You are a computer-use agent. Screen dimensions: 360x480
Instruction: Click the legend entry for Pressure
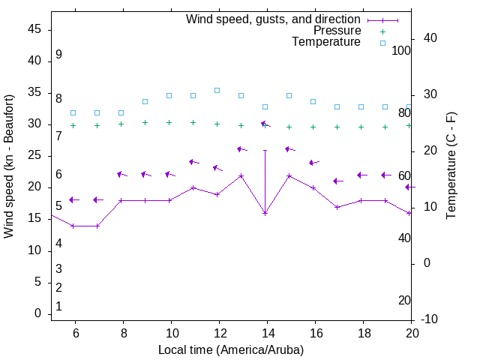[337, 31]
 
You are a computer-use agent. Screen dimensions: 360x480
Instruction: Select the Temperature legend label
[326, 42]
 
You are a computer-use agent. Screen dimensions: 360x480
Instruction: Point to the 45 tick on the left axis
[34, 29]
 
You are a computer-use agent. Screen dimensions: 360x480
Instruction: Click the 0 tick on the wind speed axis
[38, 313]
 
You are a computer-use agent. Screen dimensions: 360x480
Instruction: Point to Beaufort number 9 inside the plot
[58, 55]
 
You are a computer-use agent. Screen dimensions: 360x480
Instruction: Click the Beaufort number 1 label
[58, 306]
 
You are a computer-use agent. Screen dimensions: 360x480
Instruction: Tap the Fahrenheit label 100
[402, 50]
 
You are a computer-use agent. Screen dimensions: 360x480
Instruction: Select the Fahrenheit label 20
[404, 300]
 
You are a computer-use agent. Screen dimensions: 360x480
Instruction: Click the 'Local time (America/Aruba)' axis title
[231, 349]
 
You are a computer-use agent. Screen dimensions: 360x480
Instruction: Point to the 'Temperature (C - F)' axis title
[451, 166]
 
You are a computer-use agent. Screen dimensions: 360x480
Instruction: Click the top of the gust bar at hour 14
[265, 150]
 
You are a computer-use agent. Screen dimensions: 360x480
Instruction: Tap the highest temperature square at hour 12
[217, 90]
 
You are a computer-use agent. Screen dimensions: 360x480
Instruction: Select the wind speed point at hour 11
[193, 187]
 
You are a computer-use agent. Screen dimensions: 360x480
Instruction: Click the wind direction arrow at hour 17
[337, 181]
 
